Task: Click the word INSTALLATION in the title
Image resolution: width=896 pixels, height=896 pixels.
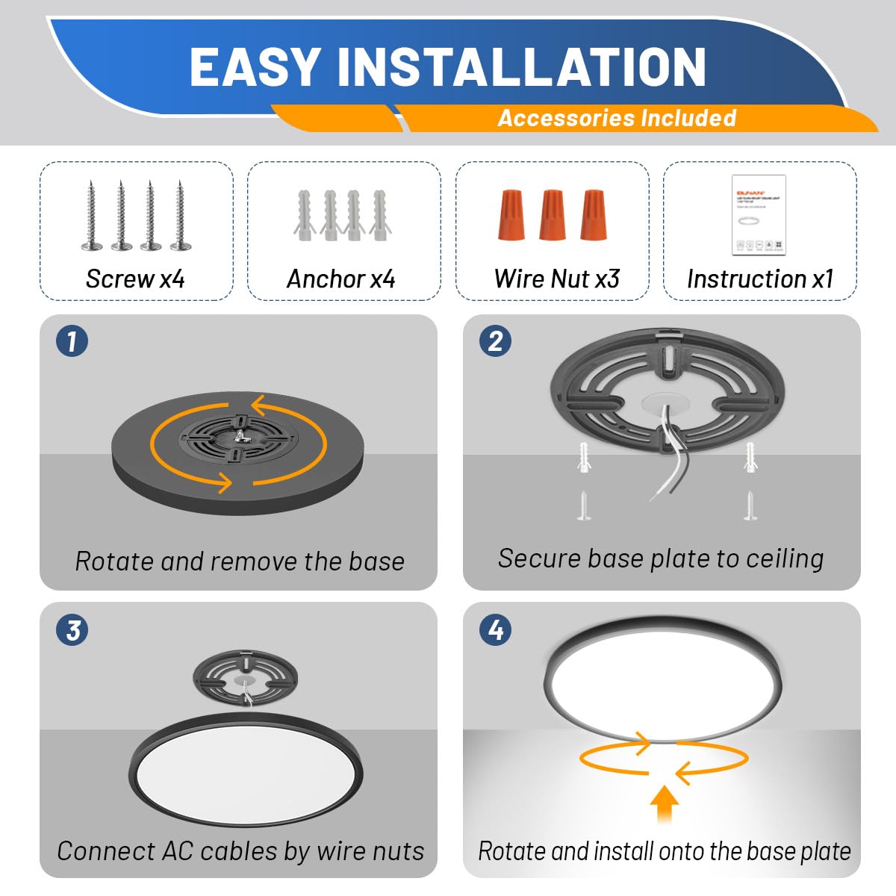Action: coord(521,67)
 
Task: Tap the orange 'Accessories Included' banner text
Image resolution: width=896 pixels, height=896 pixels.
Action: coord(617,118)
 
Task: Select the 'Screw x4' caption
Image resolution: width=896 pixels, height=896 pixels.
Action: coord(135,279)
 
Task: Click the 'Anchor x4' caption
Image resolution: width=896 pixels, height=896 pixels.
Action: coord(341,279)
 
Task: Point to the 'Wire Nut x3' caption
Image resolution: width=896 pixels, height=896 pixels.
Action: coord(557,279)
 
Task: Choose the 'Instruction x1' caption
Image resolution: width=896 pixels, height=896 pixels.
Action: coord(759,279)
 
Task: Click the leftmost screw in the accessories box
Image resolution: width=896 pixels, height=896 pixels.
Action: coord(91,216)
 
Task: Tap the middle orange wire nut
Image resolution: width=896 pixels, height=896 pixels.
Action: coord(552,214)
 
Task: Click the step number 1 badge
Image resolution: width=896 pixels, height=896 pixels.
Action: coord(72,341)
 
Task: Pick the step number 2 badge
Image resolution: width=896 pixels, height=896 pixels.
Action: coord(495,341)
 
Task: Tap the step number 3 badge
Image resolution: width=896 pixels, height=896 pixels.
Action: coord(72,629)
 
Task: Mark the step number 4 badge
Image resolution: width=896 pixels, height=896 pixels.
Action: coord(495,629)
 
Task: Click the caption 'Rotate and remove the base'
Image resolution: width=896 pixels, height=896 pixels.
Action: coord(240,561)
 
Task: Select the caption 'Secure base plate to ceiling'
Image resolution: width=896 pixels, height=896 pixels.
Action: coord(661,559)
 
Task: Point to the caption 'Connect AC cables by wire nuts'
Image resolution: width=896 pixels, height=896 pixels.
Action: coord(240,851)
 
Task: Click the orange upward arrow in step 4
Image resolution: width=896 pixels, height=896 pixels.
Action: coord(664,803)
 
